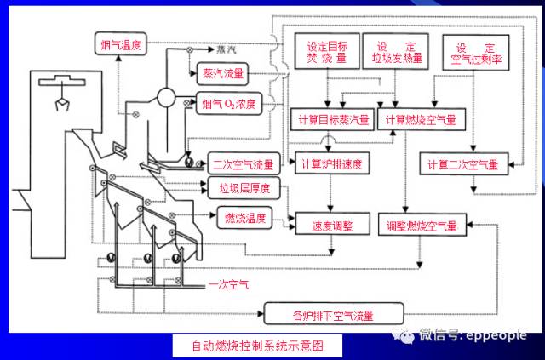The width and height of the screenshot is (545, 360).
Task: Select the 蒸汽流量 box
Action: (224, 73)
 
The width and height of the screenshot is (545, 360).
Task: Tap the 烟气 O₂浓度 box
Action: (231, 104)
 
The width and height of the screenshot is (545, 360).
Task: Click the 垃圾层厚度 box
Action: (234, 187)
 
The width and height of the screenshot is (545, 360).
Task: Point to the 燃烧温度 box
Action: (241, 219)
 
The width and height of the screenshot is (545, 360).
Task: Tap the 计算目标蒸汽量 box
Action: (330, 120)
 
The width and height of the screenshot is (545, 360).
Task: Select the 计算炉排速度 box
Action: (330, 163)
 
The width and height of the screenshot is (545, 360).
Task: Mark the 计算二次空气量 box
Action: (463, 163)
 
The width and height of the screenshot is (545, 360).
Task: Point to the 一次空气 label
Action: (229, 287)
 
